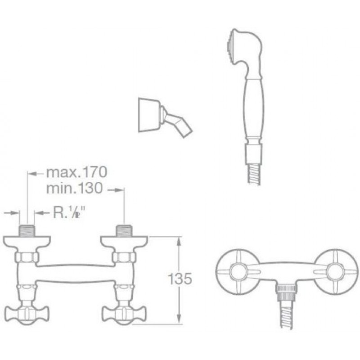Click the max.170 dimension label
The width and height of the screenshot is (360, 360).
pyautogui.click(x=76, y=172)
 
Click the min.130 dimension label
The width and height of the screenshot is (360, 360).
pyautogui.click(x=74, y=188)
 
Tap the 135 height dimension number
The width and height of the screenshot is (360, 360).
pyautogui.click(x=180, y=279)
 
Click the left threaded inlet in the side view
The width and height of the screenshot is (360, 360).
pyautogui.click(x=27, y=230)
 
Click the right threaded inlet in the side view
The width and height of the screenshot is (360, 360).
pyautogui.click(x=124, y=230)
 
